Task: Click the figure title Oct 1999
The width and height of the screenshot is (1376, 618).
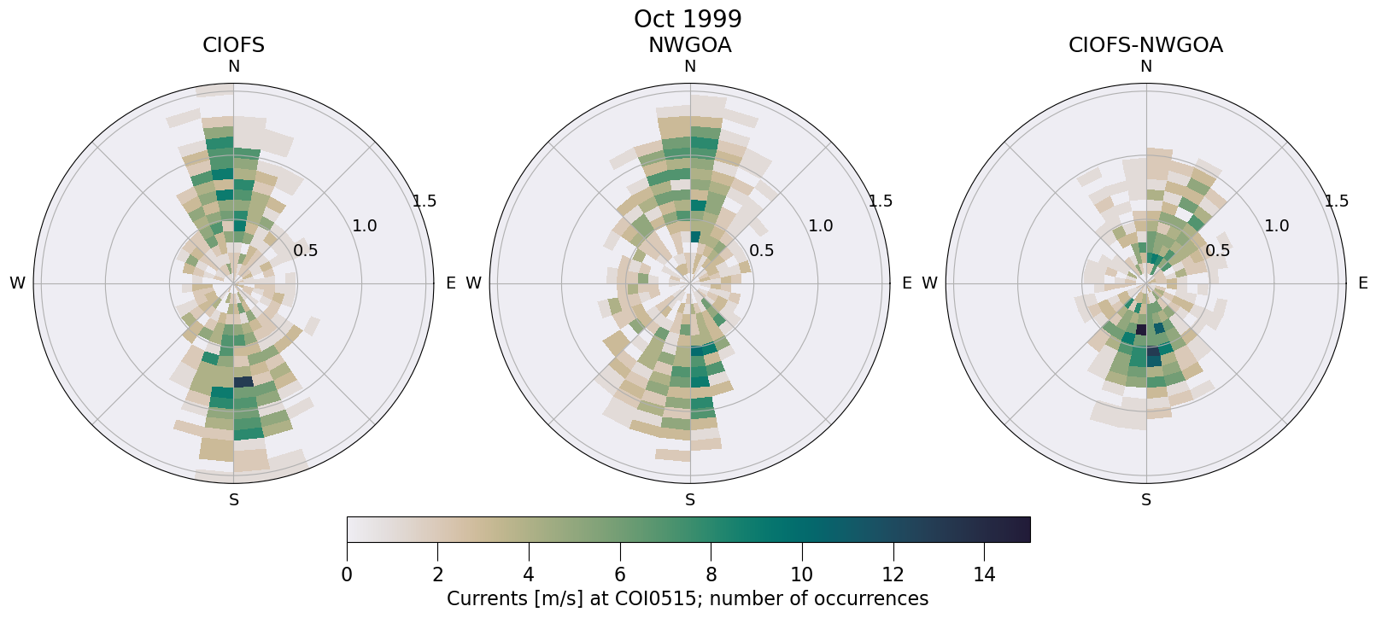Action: click(688, 19)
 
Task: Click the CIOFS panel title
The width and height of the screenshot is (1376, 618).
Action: click(233, 45)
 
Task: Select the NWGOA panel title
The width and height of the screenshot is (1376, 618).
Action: click(689, 45)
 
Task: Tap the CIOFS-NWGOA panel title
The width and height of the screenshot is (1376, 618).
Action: click(1145, 45)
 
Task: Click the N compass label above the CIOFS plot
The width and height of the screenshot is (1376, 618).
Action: click(233, 67)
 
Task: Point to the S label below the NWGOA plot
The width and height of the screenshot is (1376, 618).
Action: click(690, 500)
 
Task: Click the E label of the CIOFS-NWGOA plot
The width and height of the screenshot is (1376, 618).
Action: click(1362, 283)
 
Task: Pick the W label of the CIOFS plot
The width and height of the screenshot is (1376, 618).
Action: click(17, 283)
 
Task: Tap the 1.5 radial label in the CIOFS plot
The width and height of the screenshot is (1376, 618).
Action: click(425, 201)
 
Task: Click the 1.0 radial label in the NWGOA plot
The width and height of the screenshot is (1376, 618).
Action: click(821, 226)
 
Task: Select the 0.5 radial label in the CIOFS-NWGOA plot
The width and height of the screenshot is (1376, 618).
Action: click(1218, 251)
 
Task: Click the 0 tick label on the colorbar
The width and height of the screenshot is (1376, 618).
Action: click(347, 575)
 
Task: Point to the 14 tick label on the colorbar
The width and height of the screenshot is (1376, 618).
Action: click(984, 575)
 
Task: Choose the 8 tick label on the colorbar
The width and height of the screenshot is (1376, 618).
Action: click(711, 575)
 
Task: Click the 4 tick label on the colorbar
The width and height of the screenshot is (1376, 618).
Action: click(529, 575)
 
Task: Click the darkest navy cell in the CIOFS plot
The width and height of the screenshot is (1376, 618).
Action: click(243, 382)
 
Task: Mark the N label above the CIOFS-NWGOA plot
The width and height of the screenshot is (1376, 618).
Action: click(1146, 67)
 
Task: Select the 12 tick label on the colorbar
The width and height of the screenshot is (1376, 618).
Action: click(893, 575)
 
